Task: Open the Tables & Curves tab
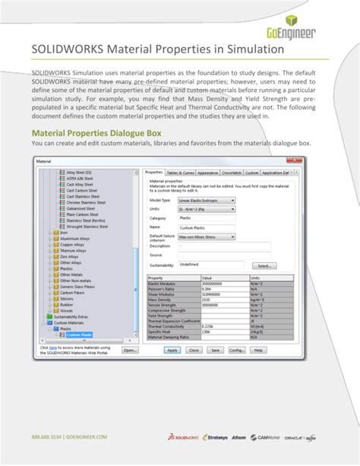coord(180,173)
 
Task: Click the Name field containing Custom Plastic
coord(202,227)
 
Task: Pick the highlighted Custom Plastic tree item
coord(79,334)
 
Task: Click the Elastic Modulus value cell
coord(224,284)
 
